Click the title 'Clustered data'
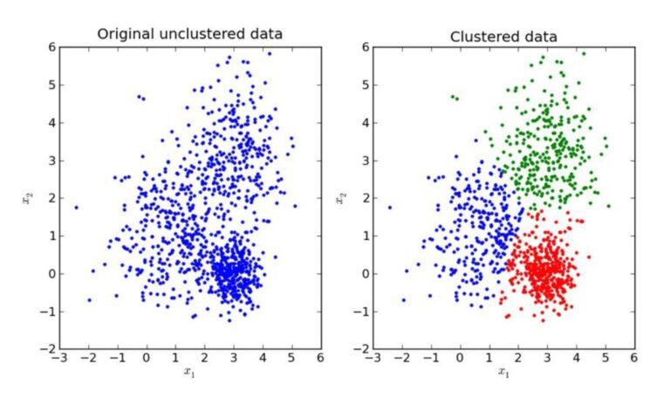pos(503,36)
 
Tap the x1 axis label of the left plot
pos(189,373)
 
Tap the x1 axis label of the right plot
pos(503,373)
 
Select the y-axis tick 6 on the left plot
pos(50,47)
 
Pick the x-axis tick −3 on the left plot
pos(58,358)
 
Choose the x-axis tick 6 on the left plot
pos(319,358)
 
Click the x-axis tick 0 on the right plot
pos(460,358)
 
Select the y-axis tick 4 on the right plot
pos(364,122)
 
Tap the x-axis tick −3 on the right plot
pos(372,358)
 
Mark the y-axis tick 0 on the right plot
pos(364,273)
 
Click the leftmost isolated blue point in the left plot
pos(76,208)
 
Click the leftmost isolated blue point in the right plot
pos(390,208)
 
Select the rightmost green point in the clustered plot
pos(609,206)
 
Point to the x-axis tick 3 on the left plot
pos(233,358)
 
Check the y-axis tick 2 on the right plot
pos(364,198)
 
